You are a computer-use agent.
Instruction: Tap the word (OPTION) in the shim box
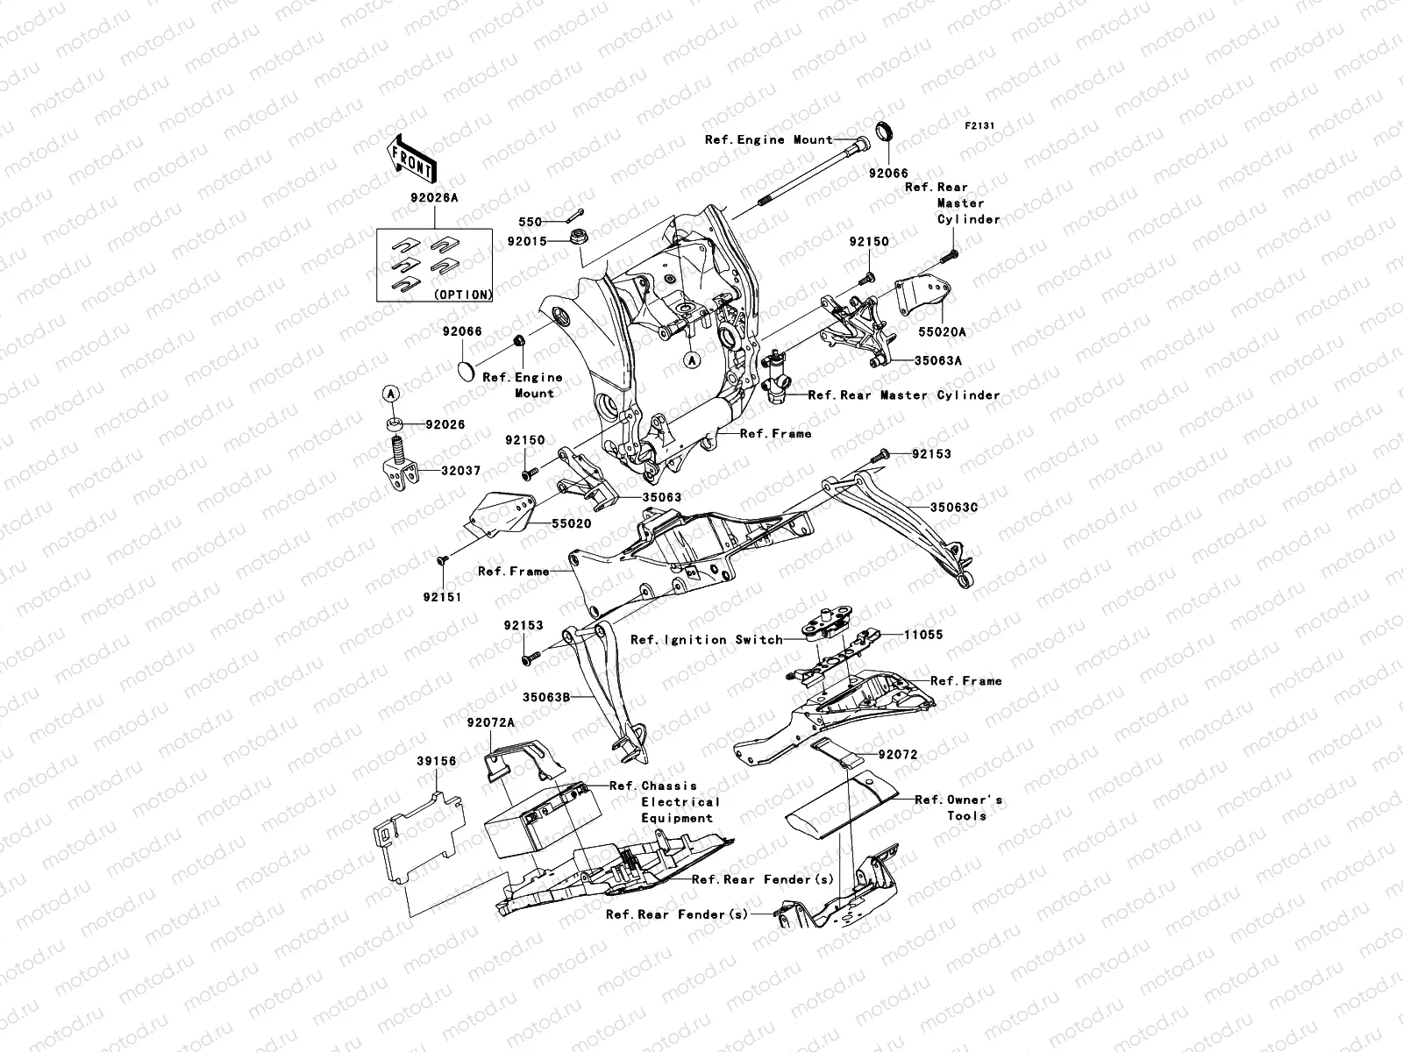462,295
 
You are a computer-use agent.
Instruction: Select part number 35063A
938,360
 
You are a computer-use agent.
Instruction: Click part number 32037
460,471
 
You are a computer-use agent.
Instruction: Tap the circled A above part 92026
391,394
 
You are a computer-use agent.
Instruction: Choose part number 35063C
953,508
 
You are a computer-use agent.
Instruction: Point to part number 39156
436,762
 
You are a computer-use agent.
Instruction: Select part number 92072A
490,721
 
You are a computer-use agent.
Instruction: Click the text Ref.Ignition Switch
707,639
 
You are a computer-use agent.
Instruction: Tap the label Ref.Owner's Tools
958,807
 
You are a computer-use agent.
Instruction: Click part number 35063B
547,697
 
